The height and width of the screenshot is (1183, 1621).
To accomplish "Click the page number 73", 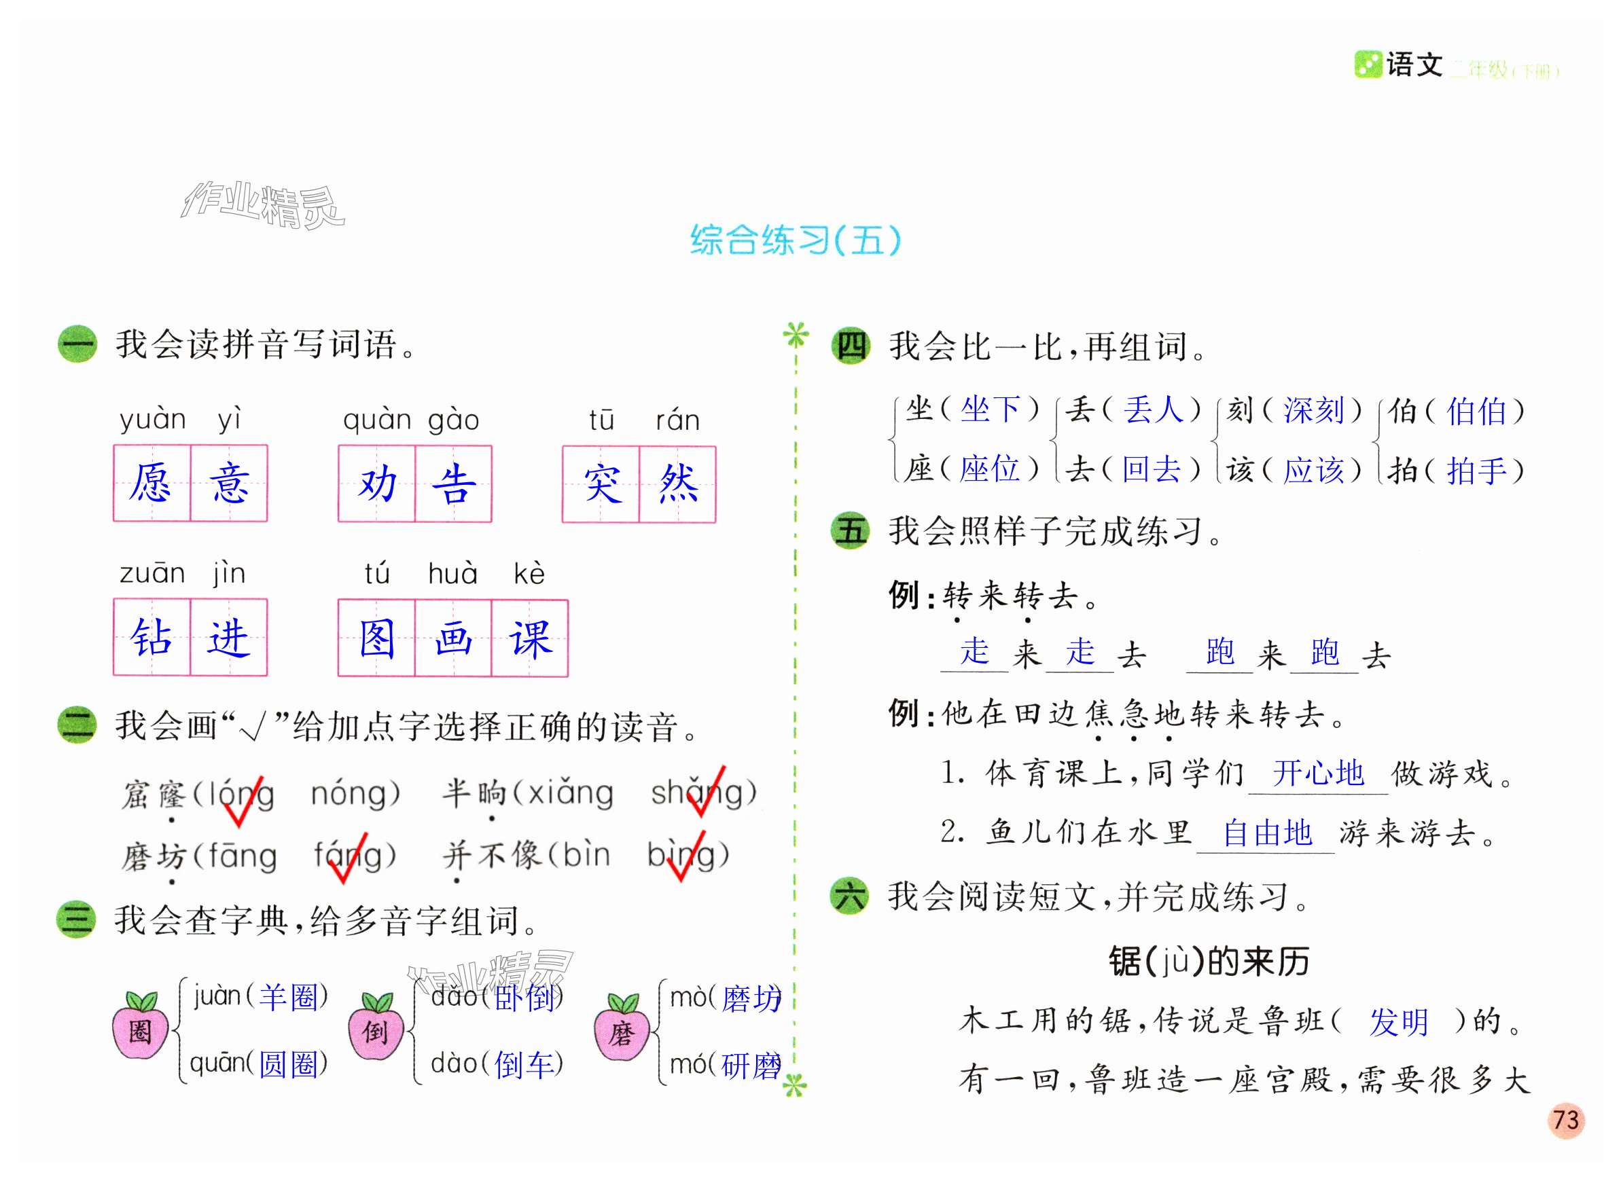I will (x=1565, y=1120).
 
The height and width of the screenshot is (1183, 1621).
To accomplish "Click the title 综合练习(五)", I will (x=795, y=240).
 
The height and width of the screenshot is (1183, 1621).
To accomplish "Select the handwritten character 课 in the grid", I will (x=530, y=638).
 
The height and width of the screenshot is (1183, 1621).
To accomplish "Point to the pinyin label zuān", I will (x=153, y=574).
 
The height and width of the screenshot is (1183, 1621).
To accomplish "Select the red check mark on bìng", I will (x=685, y=858).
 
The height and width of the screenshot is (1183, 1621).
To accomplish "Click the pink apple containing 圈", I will (x=141, y=1028).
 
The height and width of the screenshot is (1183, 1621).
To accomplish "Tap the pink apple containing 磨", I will (x=621, y=1030).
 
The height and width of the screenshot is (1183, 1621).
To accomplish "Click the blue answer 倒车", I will (x=524, y=1065).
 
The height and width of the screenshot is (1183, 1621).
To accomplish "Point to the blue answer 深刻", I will (x=1313, y=410).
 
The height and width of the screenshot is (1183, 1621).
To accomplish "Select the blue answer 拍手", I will (x=1476, y=471).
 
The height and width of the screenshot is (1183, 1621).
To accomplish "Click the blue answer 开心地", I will (x=1318, y=773).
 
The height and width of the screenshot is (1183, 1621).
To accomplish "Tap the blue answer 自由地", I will (x=1266, y=833).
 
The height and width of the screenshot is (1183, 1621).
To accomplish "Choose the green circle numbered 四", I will (x=851, y=346).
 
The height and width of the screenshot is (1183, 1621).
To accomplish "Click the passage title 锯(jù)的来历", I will (x=1209, y=961).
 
